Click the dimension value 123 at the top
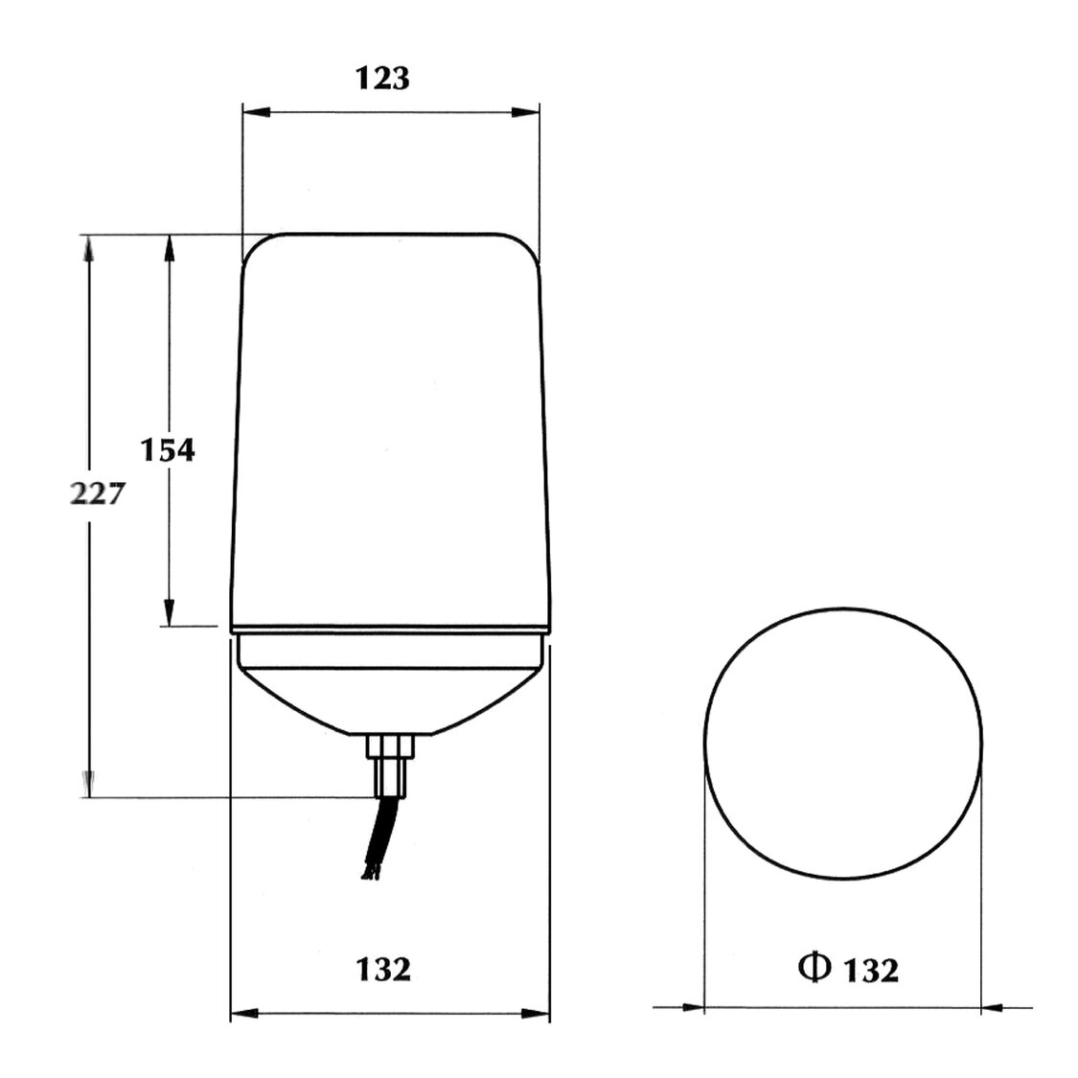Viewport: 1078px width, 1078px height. [x=383, y=79]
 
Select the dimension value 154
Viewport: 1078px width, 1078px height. [x=168, y=449]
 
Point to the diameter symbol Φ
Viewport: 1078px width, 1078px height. [x=813, y=969]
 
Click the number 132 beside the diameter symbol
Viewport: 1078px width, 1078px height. [x=871, y=971]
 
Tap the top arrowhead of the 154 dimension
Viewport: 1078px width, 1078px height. [x=170, y=248]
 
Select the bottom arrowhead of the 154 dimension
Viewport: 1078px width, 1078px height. [x=170, y=612]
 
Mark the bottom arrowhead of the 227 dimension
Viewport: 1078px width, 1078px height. [x=89, y=784]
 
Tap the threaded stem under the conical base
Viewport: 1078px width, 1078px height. [x=393, y=762]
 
